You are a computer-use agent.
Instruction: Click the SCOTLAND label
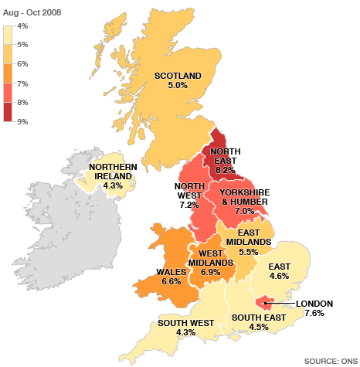coord(178,76)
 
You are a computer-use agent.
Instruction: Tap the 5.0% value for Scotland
coord(178,86)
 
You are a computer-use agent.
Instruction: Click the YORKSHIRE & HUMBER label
coord(243,196)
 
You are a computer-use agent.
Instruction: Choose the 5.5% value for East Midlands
coord(248,252)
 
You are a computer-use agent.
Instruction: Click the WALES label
coord(168,271)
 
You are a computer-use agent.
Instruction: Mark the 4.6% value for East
coord(279,277)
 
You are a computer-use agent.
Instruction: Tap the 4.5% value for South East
coord(249,326)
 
